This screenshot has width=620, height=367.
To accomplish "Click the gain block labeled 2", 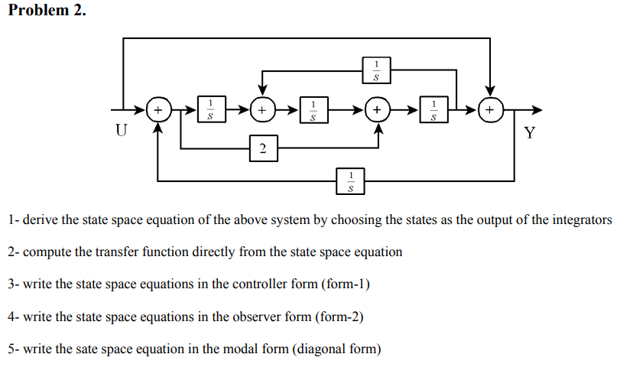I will point(262,148).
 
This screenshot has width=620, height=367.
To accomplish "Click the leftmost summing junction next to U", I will point(158,110).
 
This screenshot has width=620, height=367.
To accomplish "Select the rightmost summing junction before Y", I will point(490,110).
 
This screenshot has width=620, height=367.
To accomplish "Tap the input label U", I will point(121,131).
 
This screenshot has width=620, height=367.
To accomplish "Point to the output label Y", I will point(531,134).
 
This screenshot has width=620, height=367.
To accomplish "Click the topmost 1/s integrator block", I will point(375,70).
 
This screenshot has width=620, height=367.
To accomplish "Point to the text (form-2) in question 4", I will point(339,316).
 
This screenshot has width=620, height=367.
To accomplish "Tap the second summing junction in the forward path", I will point(262,110).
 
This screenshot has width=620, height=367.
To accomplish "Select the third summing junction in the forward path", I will point(377,110).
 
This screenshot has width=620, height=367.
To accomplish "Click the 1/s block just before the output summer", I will point(434,110).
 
